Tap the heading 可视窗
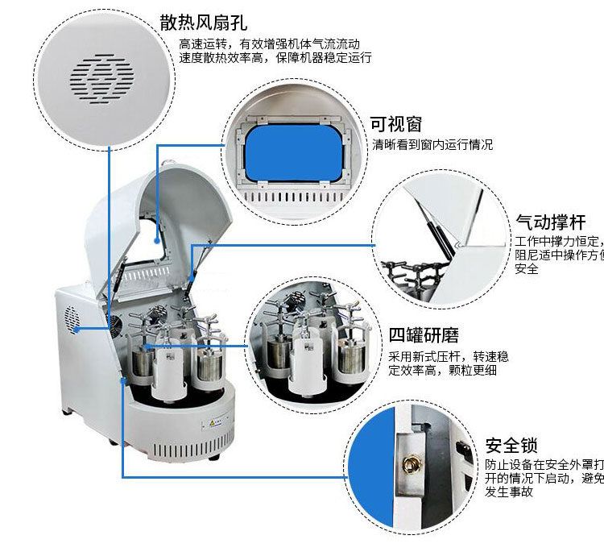396,124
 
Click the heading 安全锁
512,446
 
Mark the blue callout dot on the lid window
157,239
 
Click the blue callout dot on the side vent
78,329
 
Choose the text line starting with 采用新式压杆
448,355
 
